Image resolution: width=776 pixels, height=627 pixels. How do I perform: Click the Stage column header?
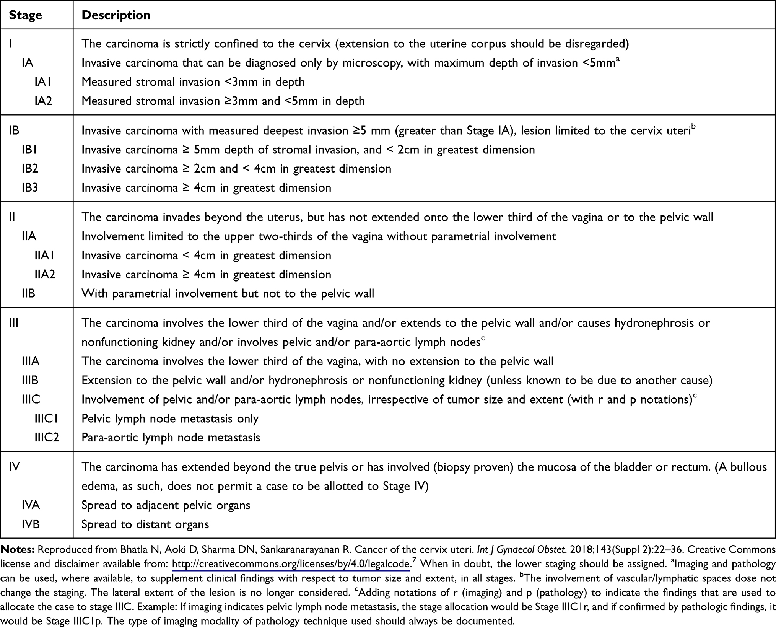coord(25,15)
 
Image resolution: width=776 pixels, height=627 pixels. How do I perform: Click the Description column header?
coord(116,15)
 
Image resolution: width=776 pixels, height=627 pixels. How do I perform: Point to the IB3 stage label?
coord(30,188)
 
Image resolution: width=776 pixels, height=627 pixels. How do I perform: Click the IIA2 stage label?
coord(45,275)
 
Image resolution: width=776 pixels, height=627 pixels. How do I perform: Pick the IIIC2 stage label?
coord(47,438)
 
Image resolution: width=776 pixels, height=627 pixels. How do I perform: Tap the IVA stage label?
coord(31,505)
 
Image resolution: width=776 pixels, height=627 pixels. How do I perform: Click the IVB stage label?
coord(31,524)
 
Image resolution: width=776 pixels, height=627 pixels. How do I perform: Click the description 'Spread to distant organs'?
coord(145,524)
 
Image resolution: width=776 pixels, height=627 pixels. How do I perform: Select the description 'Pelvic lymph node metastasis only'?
coord(170,419)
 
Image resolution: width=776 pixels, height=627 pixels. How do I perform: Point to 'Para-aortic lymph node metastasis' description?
coord(171,438)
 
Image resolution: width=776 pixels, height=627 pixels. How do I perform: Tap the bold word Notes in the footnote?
coord(18,550)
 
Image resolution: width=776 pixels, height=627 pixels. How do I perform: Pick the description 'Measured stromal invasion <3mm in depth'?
coord(193,82)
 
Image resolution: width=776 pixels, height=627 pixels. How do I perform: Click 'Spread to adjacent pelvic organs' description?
coord(166,505)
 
